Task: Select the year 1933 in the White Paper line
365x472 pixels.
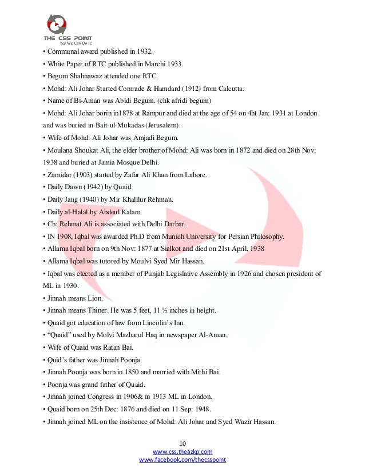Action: click(x=173, y=64)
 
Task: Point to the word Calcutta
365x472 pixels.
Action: click(x=228, y=89)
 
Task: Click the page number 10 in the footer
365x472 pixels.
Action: click(x=182, y=443)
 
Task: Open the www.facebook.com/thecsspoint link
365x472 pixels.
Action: click(x=182, y=459)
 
